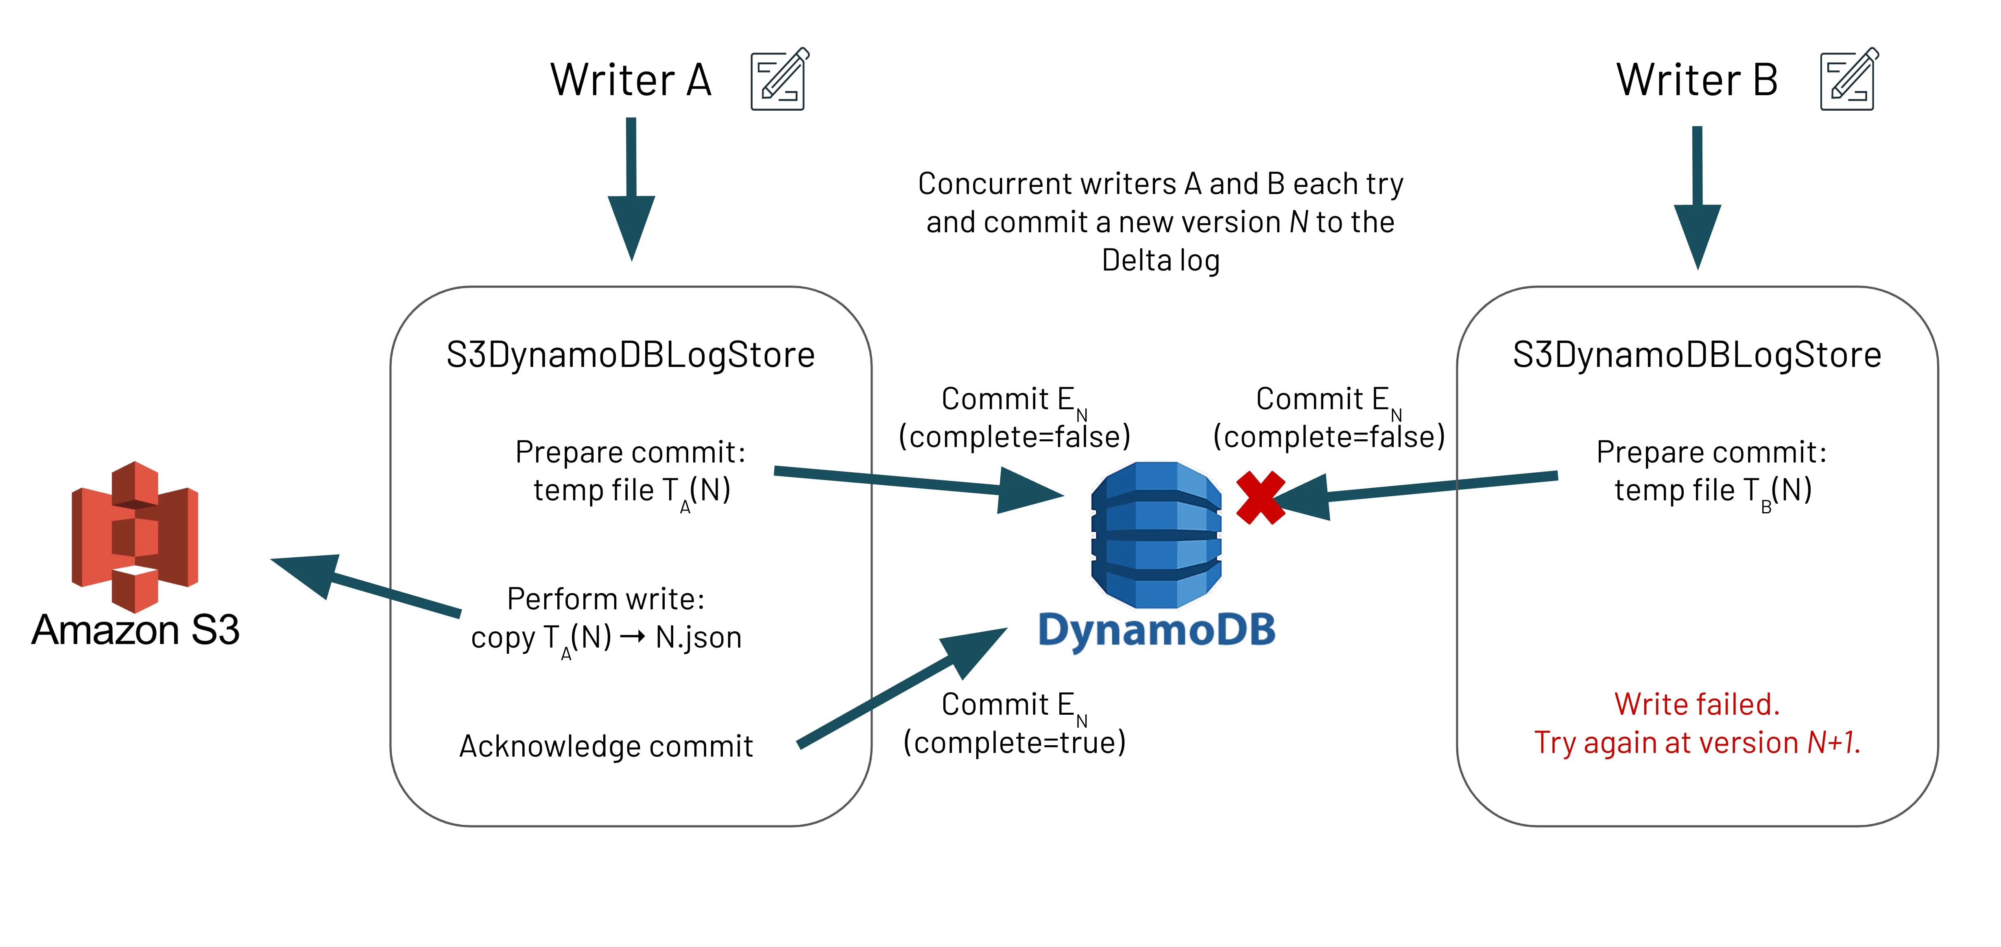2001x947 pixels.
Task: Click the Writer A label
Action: click(x=631, y=80)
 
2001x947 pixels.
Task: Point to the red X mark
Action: click(x=1259, y=498)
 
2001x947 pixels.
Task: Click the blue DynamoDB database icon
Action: click(x=1156, y=535)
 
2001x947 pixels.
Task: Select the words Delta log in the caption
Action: click(x=1161, y=260)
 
